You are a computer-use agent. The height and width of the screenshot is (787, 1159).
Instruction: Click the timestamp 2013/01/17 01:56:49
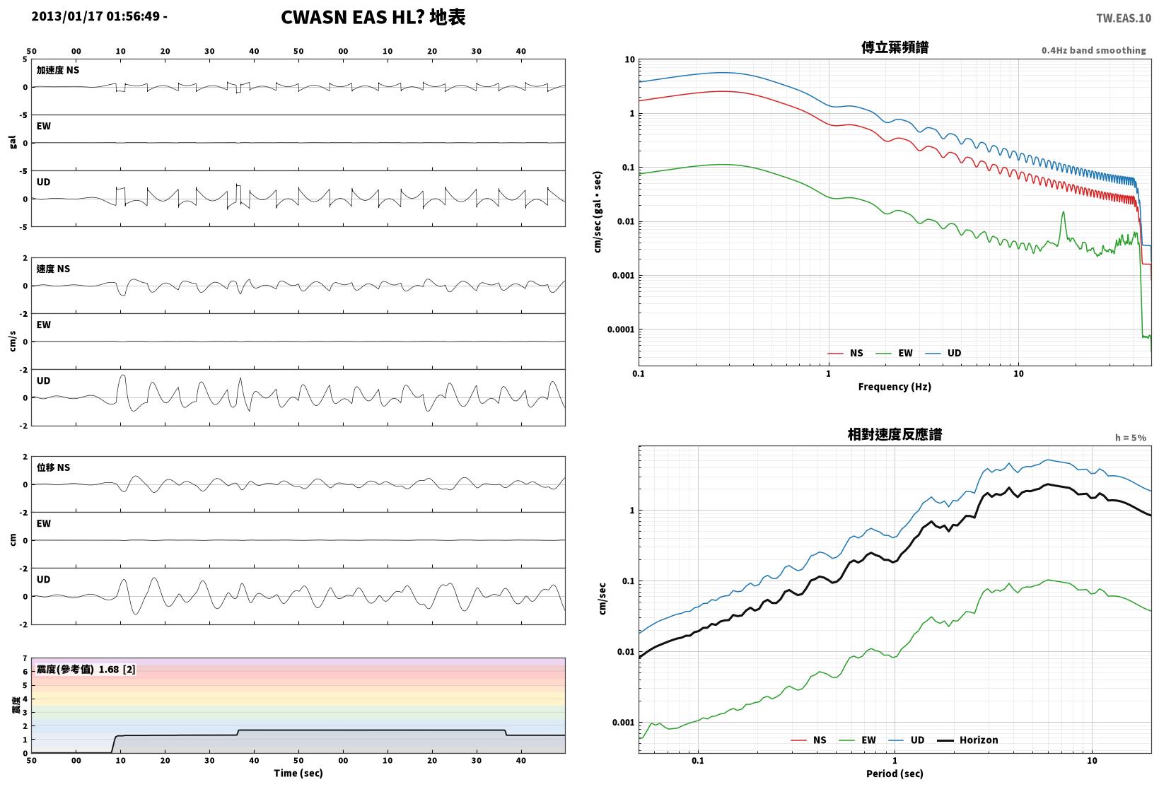(x=95, y=16)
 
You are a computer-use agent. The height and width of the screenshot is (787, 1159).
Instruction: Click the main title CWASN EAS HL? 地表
(x=373, y=17)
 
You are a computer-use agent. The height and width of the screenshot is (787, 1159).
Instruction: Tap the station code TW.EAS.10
(x=1124, y=18)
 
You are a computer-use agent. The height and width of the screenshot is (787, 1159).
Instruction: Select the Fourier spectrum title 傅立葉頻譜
(x=895, y=47)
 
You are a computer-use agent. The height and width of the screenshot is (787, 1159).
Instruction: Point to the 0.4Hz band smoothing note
(x=1093, y=50)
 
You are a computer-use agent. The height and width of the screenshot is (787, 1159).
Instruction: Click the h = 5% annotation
(x=1130, y=438)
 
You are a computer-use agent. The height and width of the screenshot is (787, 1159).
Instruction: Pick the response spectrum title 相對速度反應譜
(x=895, y=434)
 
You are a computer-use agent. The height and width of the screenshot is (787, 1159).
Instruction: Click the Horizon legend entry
(x=967, y=740)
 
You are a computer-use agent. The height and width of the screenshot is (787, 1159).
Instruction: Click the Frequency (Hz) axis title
(x=895, y=387)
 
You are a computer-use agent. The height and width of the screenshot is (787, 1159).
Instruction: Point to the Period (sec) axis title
(x=895, y=774)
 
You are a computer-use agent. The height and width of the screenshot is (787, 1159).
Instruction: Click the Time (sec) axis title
(x=298, y=773)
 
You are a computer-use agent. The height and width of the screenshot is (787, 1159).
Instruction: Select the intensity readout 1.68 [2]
(x=117, y=670)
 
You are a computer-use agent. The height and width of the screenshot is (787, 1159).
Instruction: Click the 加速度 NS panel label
(x=57, y=70)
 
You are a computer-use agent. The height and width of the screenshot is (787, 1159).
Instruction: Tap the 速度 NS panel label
(x=53, y=269)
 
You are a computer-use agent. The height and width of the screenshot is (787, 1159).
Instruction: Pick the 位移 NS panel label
(x=53, y=467)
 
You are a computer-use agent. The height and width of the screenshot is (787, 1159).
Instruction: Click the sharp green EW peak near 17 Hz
(x=1064, y=212)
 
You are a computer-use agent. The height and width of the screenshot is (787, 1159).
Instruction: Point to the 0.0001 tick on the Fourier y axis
(x=621, y=329)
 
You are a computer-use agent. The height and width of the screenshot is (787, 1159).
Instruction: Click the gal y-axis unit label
(x=13, y=142)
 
